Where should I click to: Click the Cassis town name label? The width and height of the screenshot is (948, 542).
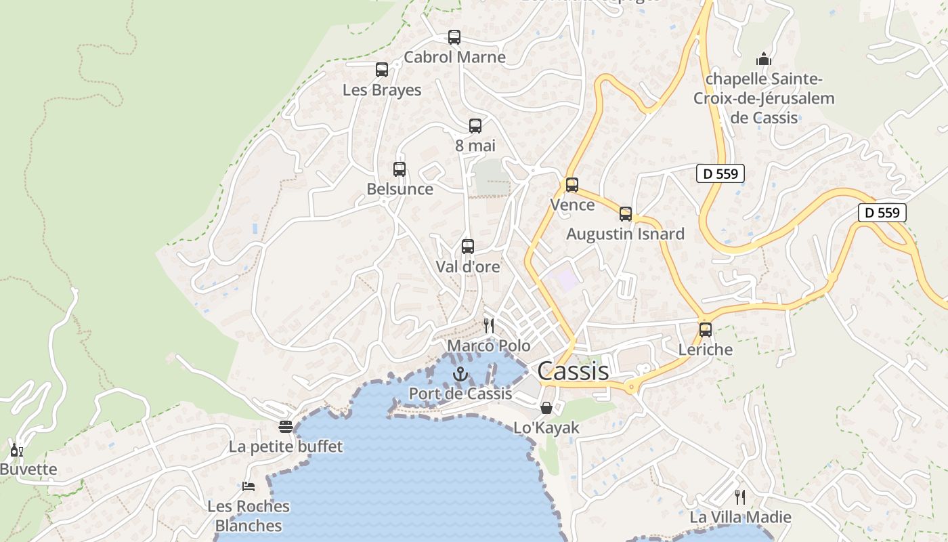573,371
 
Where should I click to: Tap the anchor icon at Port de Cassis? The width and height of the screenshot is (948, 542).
460,373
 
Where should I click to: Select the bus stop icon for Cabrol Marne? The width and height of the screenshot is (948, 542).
454,37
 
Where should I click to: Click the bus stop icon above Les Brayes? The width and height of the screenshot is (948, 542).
382,70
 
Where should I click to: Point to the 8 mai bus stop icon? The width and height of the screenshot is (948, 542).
475,125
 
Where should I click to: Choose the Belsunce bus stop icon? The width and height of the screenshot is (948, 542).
400,169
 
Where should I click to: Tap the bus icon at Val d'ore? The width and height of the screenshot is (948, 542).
468,247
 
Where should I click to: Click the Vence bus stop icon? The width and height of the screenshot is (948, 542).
572,185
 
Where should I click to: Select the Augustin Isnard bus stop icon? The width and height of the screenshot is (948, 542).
626,214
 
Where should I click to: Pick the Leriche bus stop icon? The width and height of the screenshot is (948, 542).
706,330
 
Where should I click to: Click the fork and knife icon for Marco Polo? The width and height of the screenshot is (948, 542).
489,326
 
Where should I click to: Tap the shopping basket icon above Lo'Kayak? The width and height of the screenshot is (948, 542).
546,408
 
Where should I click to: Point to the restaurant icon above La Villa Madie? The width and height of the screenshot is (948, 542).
740,497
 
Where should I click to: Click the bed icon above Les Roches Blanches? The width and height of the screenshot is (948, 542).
249,486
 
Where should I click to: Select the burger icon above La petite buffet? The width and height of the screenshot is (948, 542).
286,427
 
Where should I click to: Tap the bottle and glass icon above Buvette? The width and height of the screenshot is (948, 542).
16,450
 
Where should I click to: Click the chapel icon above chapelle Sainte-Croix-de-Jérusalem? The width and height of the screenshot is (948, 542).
764,59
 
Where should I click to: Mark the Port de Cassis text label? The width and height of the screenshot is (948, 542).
460,394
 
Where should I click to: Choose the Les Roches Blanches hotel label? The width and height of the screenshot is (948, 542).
249,516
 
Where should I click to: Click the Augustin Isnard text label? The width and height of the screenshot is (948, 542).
626,234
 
